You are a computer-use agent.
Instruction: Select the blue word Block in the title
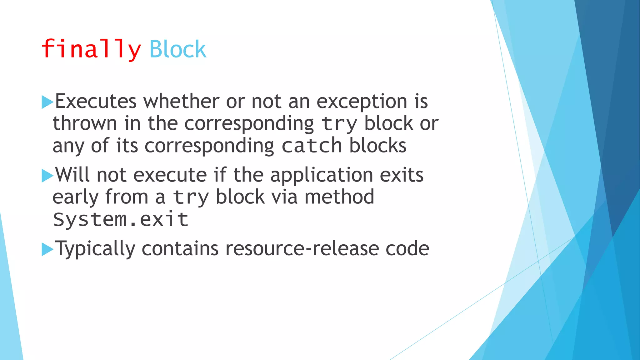click(178, 49)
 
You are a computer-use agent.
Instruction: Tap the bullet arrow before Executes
click(47, 102)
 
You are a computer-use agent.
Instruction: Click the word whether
click(181, 101)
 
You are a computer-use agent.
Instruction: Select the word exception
click(362, 102)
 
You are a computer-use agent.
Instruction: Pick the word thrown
click(85, 123)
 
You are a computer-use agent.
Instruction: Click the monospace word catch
click(312, 146)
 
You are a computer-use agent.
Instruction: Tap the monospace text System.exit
click(121, 219)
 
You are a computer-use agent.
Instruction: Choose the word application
click(322, 175)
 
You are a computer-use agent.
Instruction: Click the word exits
click(402, 175)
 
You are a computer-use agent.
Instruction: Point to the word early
click(75, 197)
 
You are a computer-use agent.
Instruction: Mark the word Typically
click(95, 249)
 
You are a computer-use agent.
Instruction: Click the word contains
click(180, 249)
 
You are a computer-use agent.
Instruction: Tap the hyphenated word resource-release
click(302, 249)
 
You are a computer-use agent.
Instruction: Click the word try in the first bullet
click(339, 124)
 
